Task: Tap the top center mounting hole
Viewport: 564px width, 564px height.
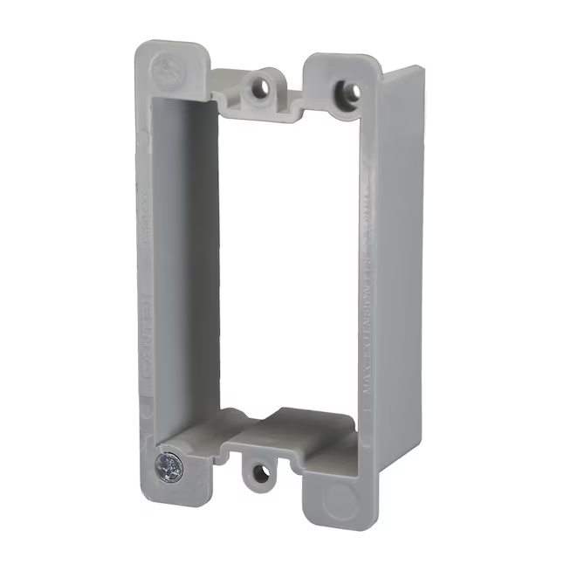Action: click(x=259, y=85)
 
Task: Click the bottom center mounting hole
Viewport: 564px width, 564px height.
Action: click(x=259, y=472)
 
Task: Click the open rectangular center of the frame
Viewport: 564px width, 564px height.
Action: click(x=279, y=262)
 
